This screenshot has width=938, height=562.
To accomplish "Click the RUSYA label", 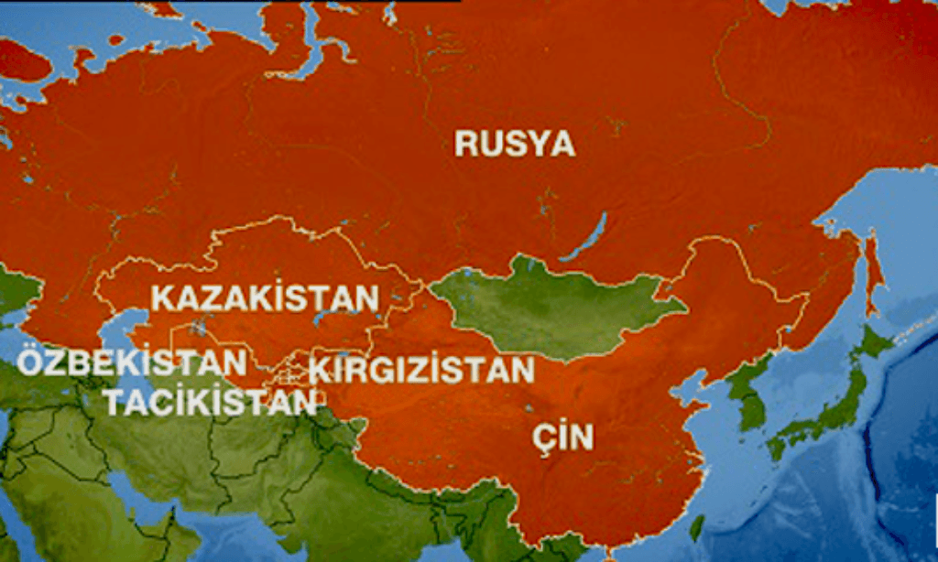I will (x=515, y=144).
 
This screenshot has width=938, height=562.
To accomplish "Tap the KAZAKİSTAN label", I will (x=265, y=298).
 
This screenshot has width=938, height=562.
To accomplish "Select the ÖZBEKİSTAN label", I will (x=132, y=362).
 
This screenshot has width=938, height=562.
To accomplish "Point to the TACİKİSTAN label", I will (x=213, y=401).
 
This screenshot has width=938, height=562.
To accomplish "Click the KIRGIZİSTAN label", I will (x=420, y=370).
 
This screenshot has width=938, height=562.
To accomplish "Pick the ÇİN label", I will (x=562, y=438).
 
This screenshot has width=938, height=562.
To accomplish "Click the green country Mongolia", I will (x=550, y=311).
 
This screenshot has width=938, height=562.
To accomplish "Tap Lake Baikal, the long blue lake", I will (x=586, y=239).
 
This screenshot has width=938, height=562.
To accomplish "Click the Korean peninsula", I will (x=747, y=394).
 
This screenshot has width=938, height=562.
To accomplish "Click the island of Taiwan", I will (x=697, y=527).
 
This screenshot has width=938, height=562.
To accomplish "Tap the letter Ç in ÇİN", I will (x=543, y=438).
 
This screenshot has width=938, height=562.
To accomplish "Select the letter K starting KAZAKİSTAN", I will (x=162, y=298).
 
